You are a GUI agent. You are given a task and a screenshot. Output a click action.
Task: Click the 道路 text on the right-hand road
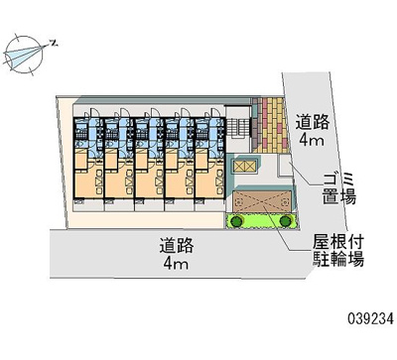point(318,122)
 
